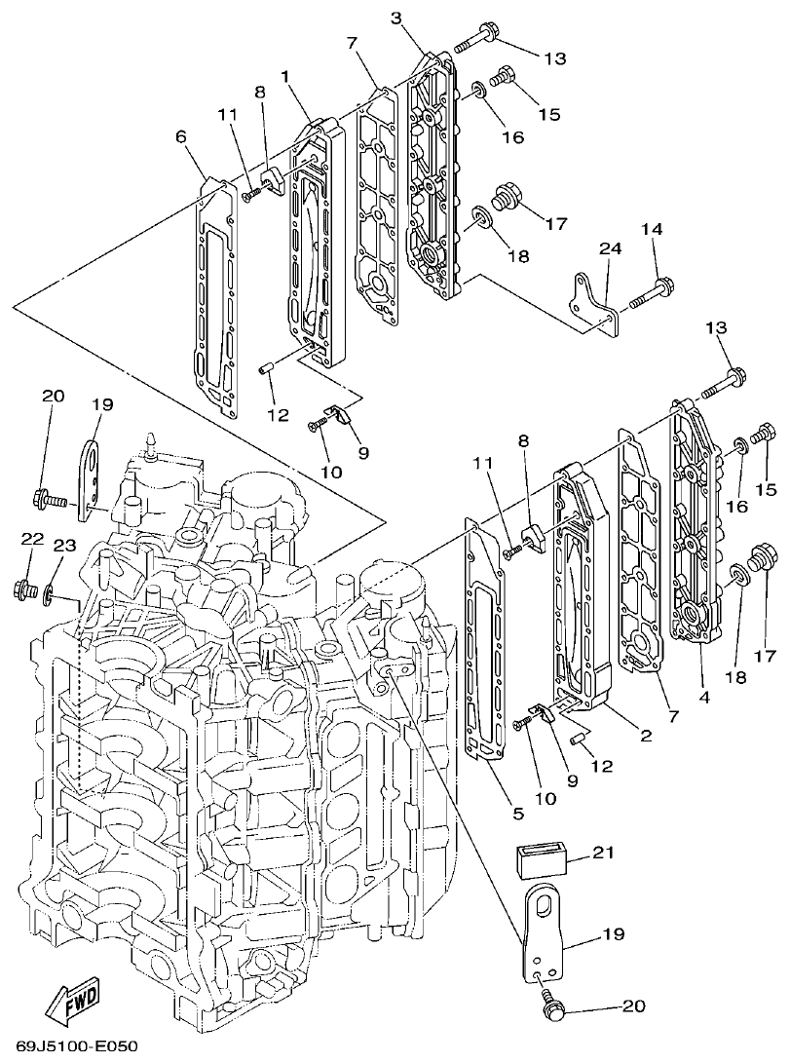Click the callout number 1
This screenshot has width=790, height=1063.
pos(285,75)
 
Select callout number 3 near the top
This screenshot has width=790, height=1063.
pos(395,17)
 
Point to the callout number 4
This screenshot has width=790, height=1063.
pos(703,698)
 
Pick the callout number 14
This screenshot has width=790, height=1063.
pos(652,229)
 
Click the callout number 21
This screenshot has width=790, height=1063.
pos(605,854)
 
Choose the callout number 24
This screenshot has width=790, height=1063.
pos(610,249)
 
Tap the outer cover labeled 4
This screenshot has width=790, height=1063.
pos(699,526)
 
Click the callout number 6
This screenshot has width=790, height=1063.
pos(181,137)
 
